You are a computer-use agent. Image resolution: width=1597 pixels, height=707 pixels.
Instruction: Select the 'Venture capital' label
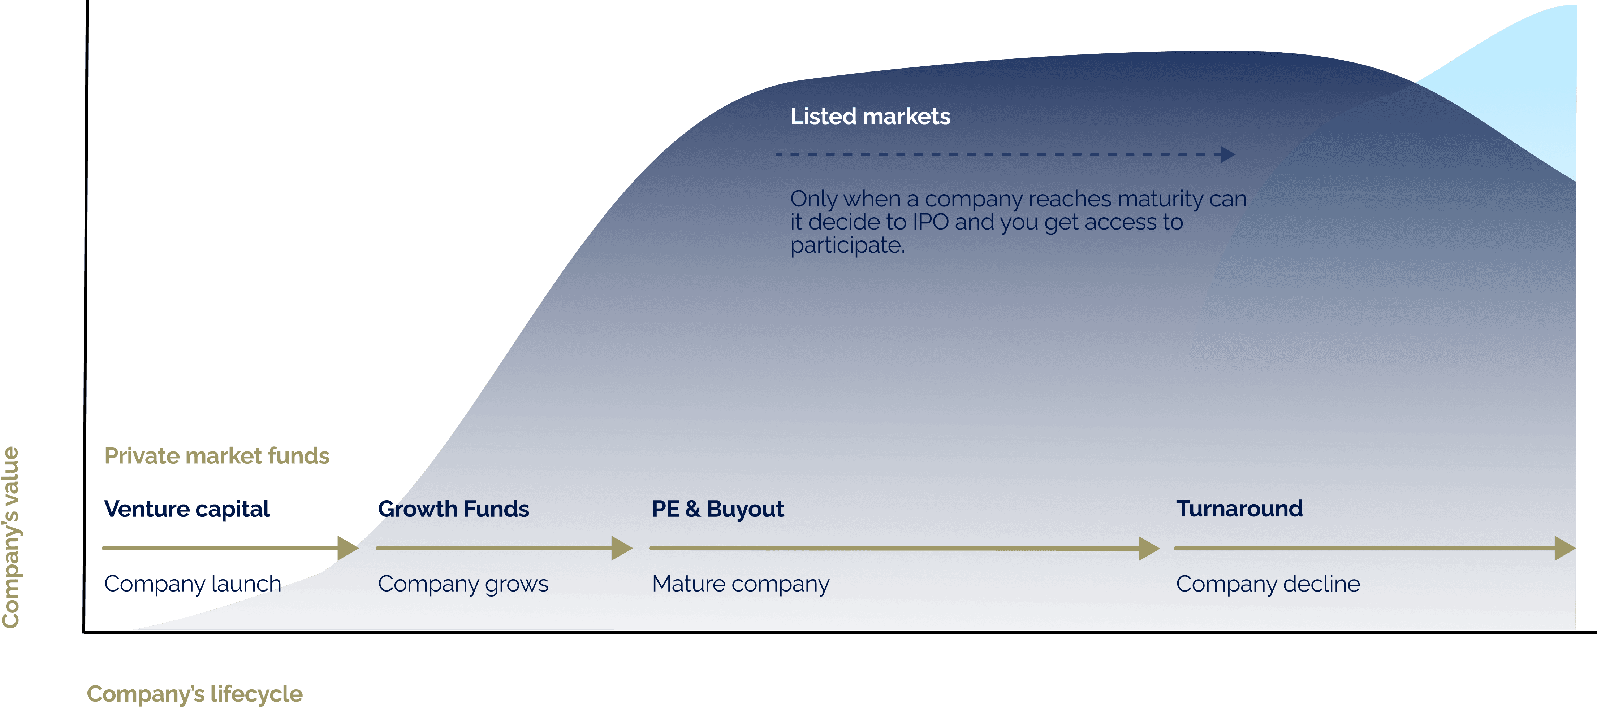187,509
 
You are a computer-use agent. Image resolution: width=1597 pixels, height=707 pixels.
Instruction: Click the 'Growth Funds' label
453,509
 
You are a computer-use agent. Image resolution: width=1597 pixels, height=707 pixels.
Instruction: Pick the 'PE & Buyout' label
717,509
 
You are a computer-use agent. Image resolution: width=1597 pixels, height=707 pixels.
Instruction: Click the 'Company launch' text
192,584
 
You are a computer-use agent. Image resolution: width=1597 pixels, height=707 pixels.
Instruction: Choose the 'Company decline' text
1268,584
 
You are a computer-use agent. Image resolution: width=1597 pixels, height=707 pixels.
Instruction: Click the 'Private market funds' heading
216,456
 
